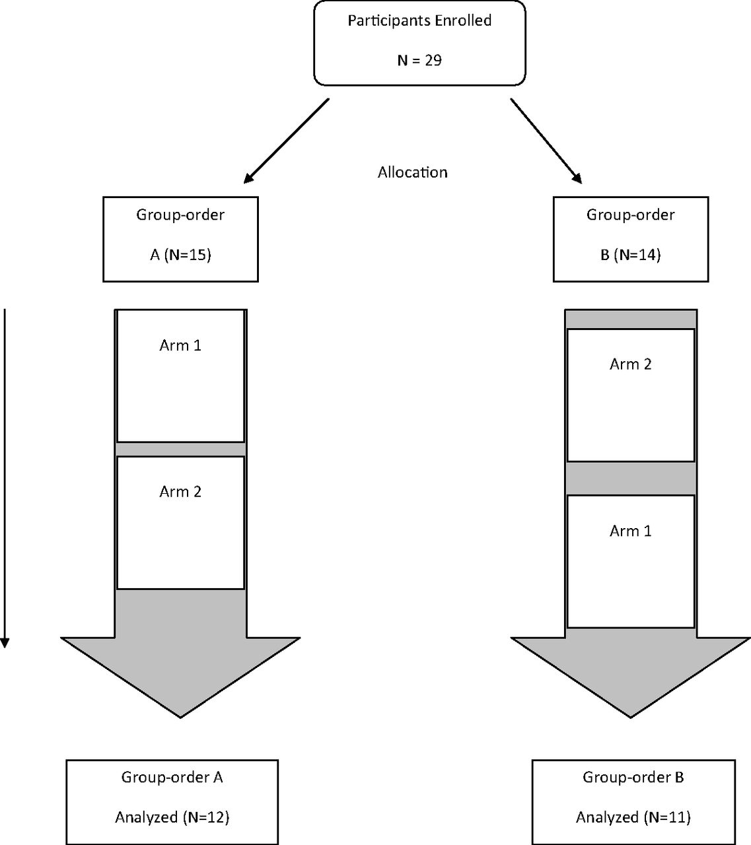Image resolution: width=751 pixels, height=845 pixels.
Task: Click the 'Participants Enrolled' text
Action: pyautogui.click(x=419, y=21)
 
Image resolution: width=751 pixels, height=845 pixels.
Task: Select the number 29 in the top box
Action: pyautogui.click(x=433, y=61)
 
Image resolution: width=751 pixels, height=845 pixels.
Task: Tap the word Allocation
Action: pyautogui.click(x=412, y=172)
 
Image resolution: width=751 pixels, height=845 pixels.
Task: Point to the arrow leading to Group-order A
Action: pyautogui.click(x=287, y=141)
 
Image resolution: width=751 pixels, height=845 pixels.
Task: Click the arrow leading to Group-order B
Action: pyautogui.click(x=546, y=141)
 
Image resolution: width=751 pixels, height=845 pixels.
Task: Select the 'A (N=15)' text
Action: pyautogui.click(x=180, y=255)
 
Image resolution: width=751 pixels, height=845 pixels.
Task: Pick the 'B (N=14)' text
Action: pyautogui.click(x=630, y=255)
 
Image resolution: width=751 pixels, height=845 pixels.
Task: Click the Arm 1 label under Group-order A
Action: pyautogui.click(x=180, y=345)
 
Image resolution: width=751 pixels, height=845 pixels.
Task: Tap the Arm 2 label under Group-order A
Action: pyautogui.click(x=180, y=492)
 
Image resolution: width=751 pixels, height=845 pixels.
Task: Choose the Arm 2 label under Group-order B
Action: pyautogui.click(x=630, y=364)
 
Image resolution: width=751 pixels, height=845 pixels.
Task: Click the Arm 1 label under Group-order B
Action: pyautogui.click(x=630, y=531)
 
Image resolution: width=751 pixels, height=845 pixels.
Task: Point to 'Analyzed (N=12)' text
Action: pyautogui.click(x=172, y=817)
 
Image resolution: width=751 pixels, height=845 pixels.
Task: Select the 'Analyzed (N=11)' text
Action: pyautogui.click(x=633, y=817)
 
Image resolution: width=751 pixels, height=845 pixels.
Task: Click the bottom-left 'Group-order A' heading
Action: pyautogui.click(x=172, y=778)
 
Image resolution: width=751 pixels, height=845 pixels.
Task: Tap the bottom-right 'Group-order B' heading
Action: pyautogui.click(x=633, y=778)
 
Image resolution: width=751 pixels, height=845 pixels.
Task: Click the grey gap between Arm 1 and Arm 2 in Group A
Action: pyautogui.click(x=181, y=449)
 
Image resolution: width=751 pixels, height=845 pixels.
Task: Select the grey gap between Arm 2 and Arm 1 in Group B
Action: pyautogui.click(x=631, y=479)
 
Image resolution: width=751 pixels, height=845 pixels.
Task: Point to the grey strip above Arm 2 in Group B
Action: pyautogui.click(x=631, y=320)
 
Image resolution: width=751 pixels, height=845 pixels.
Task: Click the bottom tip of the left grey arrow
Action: pyautogui.click(x=180, y=718)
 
